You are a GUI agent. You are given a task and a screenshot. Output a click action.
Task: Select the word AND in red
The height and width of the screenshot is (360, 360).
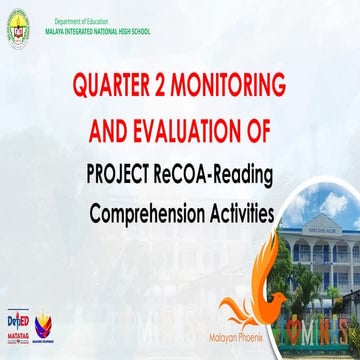[111, 131]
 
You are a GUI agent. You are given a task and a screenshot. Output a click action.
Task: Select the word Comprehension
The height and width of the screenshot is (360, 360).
[148, 214]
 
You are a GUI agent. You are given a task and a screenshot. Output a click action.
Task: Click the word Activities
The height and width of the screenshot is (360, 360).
[240, 214]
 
